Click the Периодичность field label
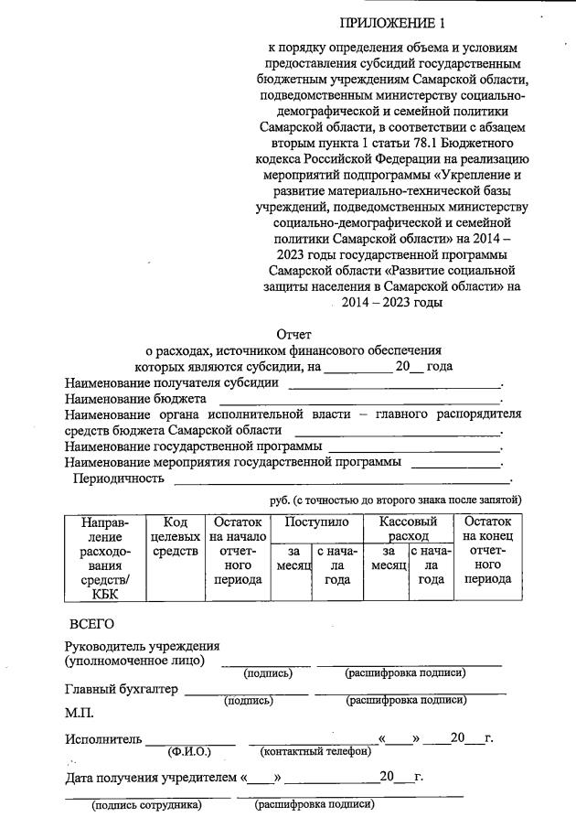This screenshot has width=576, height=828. (x=118, y=478)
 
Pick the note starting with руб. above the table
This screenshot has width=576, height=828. (x=395, y=500)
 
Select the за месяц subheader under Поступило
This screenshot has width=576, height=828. (x=293, y=559)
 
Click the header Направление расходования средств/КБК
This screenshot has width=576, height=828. (x=105, y=558)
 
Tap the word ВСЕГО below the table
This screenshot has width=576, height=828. (x=91, y=625)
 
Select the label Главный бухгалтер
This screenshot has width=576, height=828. (x=122, y=689)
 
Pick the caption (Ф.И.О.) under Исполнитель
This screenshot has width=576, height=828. (x=189, y=752)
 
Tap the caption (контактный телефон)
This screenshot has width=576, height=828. (x=315, y=752)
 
